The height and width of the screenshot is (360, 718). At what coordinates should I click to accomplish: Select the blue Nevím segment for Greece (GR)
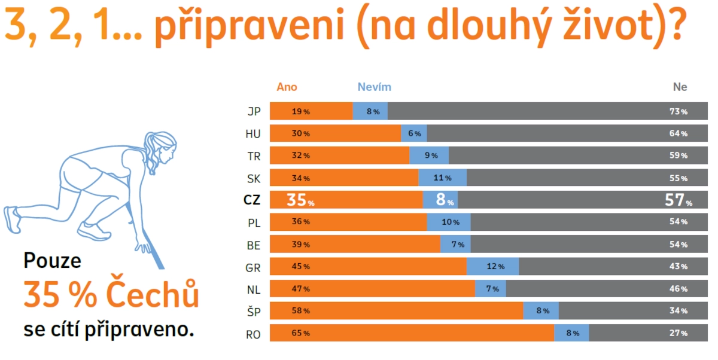pos(492,267)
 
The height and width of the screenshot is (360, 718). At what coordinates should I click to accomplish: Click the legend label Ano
pos(287,87)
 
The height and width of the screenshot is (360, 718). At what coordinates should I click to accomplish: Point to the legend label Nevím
pos(375,87)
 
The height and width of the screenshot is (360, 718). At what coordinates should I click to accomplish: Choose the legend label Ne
pos(680,87)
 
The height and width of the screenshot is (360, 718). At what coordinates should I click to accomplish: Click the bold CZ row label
pos(252,200)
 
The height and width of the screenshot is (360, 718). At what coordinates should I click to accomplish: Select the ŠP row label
pos(253,312)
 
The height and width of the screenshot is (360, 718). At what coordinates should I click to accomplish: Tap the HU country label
pos(252,134)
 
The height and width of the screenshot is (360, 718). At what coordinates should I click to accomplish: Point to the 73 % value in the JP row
pos(678,112)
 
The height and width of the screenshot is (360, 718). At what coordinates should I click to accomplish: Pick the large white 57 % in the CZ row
pos(678,200)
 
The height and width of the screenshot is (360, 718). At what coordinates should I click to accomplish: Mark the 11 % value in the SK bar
pos(443,178)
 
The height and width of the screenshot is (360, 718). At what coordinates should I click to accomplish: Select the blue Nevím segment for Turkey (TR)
pos(429,155)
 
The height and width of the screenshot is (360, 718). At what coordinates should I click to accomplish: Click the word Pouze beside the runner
pos(52,261)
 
